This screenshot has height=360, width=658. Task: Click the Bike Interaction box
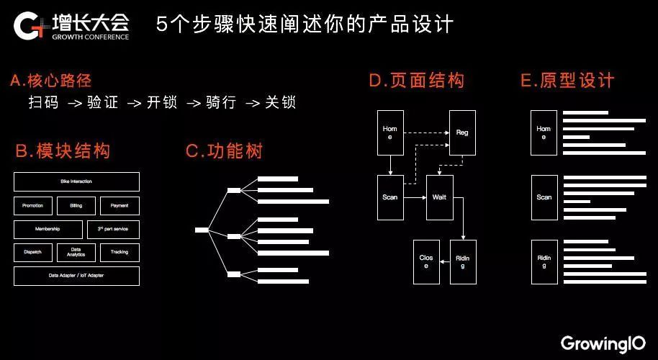point(76,181)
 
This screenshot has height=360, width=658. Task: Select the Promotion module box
point(33,206)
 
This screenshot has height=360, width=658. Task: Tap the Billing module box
point(76,206)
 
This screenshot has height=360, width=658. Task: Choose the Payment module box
point(120,206)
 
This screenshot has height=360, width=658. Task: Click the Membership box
point(48,230)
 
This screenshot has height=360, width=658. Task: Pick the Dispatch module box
point(33,253)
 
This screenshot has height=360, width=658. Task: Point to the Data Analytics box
point(76,253)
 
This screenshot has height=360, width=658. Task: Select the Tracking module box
point(120,253)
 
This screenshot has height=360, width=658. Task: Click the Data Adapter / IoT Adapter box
point(76,276)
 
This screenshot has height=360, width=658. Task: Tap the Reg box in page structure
point(462,132)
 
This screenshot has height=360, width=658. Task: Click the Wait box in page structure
point(439,197)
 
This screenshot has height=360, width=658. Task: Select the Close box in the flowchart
point(426,261)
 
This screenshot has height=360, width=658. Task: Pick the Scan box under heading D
point(389,197)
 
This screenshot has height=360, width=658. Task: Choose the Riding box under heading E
point(544,261)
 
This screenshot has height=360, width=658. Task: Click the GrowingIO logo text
point(603,342)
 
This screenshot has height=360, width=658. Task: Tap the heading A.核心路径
point(51,81)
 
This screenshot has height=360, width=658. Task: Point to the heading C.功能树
point(224,151)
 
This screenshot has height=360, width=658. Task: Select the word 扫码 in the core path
point(43,103)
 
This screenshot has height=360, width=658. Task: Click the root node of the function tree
point(202,230)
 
